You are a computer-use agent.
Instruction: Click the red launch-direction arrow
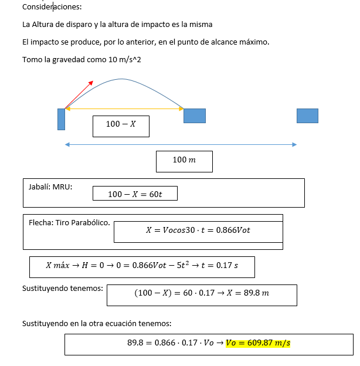79,94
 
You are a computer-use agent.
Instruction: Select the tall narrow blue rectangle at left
61,118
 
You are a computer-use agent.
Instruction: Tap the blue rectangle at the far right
307,116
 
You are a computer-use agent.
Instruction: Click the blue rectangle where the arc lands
194,116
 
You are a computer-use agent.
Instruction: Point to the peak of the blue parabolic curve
122,79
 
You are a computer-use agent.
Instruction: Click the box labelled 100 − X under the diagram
121,124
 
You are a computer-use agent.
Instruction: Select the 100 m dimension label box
184,160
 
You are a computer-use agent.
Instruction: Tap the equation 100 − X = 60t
135,194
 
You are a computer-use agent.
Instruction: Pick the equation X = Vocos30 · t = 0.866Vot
198,231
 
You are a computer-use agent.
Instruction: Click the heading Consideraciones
52,7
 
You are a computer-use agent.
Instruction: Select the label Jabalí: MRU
50,187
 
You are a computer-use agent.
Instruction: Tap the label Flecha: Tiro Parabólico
69,222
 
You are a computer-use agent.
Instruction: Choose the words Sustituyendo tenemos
63,288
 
